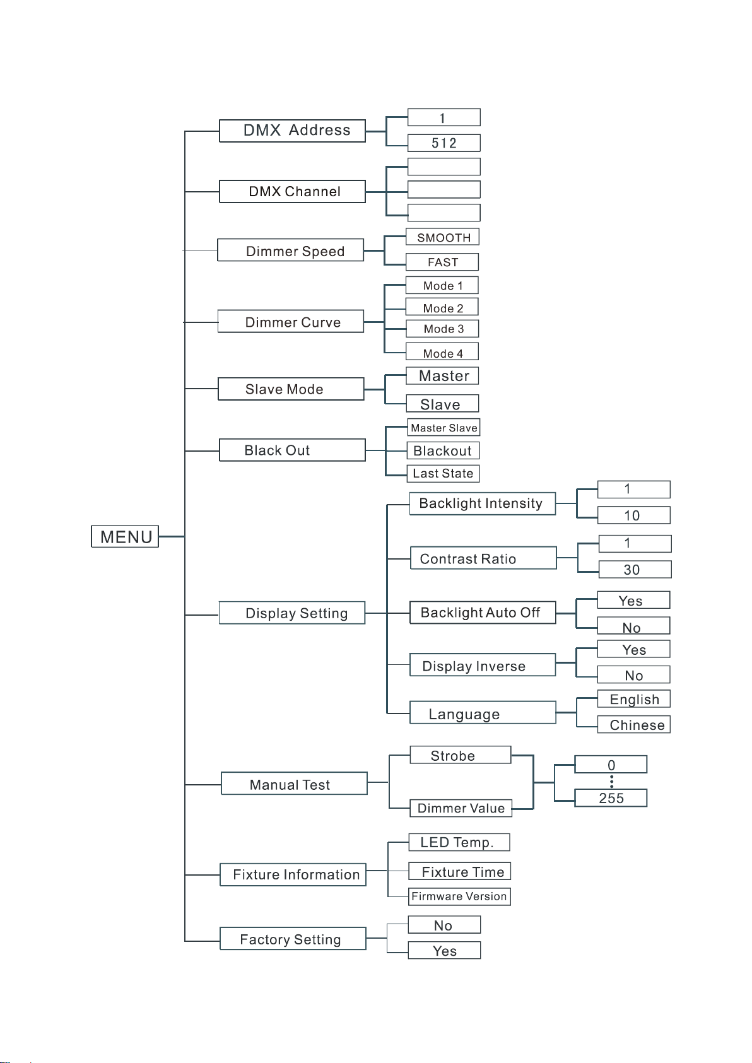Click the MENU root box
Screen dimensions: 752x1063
click(125, 536)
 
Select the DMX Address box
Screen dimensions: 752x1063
click(292, 131)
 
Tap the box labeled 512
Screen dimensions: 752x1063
click(444, 143)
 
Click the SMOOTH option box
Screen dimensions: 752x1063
click(443, 237)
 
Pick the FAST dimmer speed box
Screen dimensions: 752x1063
click(443, 262)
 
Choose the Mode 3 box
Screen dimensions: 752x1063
click(442, 329)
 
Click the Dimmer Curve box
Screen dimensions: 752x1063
click(291, 321)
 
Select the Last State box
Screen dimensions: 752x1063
click(443, 473)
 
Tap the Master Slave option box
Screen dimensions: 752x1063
click(444, 427)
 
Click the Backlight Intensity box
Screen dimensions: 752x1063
click(483, 503)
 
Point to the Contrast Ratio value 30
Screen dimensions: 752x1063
click(635, 570)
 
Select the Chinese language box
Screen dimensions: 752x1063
click(634, 724)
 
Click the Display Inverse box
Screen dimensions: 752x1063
click(483, 664)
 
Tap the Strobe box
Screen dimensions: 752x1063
click(461, 755)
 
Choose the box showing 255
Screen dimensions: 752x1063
click(611, 798)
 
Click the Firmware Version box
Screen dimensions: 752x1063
click(460, 896)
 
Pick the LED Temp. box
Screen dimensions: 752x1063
click(459, 842)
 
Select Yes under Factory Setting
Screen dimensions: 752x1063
click(445, 950)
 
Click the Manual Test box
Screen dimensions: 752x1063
click(294, 783)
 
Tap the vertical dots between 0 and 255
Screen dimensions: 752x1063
click(611, 781)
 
